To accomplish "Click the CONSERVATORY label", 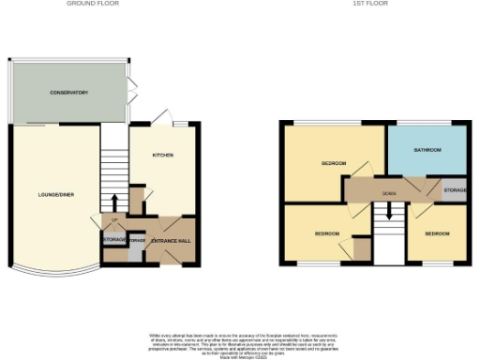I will [x=69, y=93].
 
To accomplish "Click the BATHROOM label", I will [x=427, y=149].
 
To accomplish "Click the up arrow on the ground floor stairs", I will [x=114, y=202].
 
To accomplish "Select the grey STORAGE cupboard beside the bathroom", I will [x=454, y=190].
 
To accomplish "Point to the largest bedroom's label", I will [x=333, y=163].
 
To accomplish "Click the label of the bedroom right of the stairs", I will [x=436, y=232].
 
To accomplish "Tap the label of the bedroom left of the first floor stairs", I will [x=325, y=232].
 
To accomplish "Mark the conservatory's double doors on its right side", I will [x=130, y=95].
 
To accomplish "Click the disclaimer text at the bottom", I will [x=239, y=343].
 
